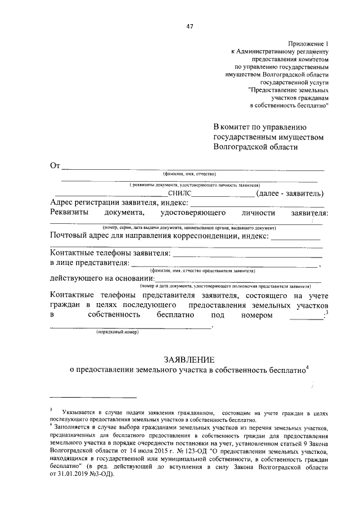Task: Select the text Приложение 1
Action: pos(308,43)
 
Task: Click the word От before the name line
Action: pos(55,165)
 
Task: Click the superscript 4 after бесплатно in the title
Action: pos(308,367)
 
